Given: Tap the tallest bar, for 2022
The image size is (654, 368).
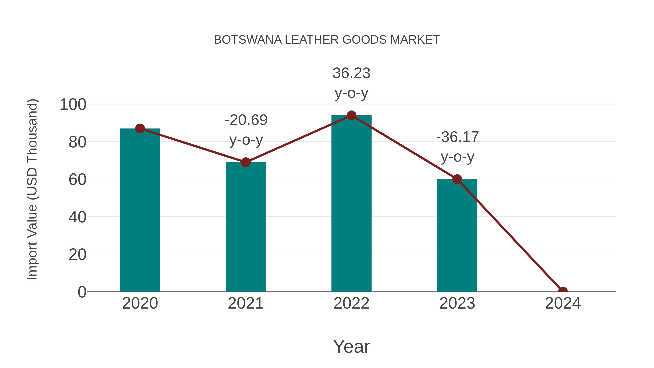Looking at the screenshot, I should click(351, 203).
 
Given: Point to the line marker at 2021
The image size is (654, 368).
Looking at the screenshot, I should click(245, 162).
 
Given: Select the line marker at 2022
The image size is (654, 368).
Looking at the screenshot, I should click(351, 116).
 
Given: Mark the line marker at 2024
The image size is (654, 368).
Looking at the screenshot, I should click(563, 291).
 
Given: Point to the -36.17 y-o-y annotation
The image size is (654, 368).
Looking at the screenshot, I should click(457, 147).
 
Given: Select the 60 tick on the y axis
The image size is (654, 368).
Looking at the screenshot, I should click(77, 180).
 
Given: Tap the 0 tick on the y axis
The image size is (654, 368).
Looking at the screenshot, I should click(82, 292).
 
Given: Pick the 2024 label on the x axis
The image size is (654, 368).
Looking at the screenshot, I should click(563, 303).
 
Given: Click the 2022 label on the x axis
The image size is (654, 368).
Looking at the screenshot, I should click(351, 303).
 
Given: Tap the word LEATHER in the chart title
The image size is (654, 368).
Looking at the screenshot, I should click(312, 40).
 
